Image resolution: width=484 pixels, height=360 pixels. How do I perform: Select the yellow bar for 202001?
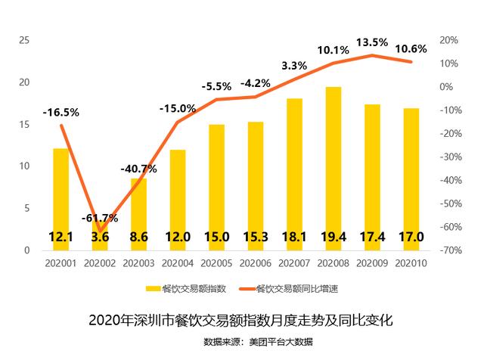[x=60, y=189]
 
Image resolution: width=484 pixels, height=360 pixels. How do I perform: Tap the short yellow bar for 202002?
[x=100, y=231]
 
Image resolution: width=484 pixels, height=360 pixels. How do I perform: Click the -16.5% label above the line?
[x=60, y=112]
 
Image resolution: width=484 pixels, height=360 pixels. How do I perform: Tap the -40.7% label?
[x=138, y=169]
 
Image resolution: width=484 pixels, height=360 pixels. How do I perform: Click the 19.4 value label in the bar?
[x=334, y=237]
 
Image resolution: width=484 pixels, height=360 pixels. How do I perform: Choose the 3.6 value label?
[x=100, y=237]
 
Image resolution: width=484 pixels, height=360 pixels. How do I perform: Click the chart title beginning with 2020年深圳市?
[x=241, y=319]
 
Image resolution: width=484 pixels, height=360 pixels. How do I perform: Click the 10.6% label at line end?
[x=411, y=48]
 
